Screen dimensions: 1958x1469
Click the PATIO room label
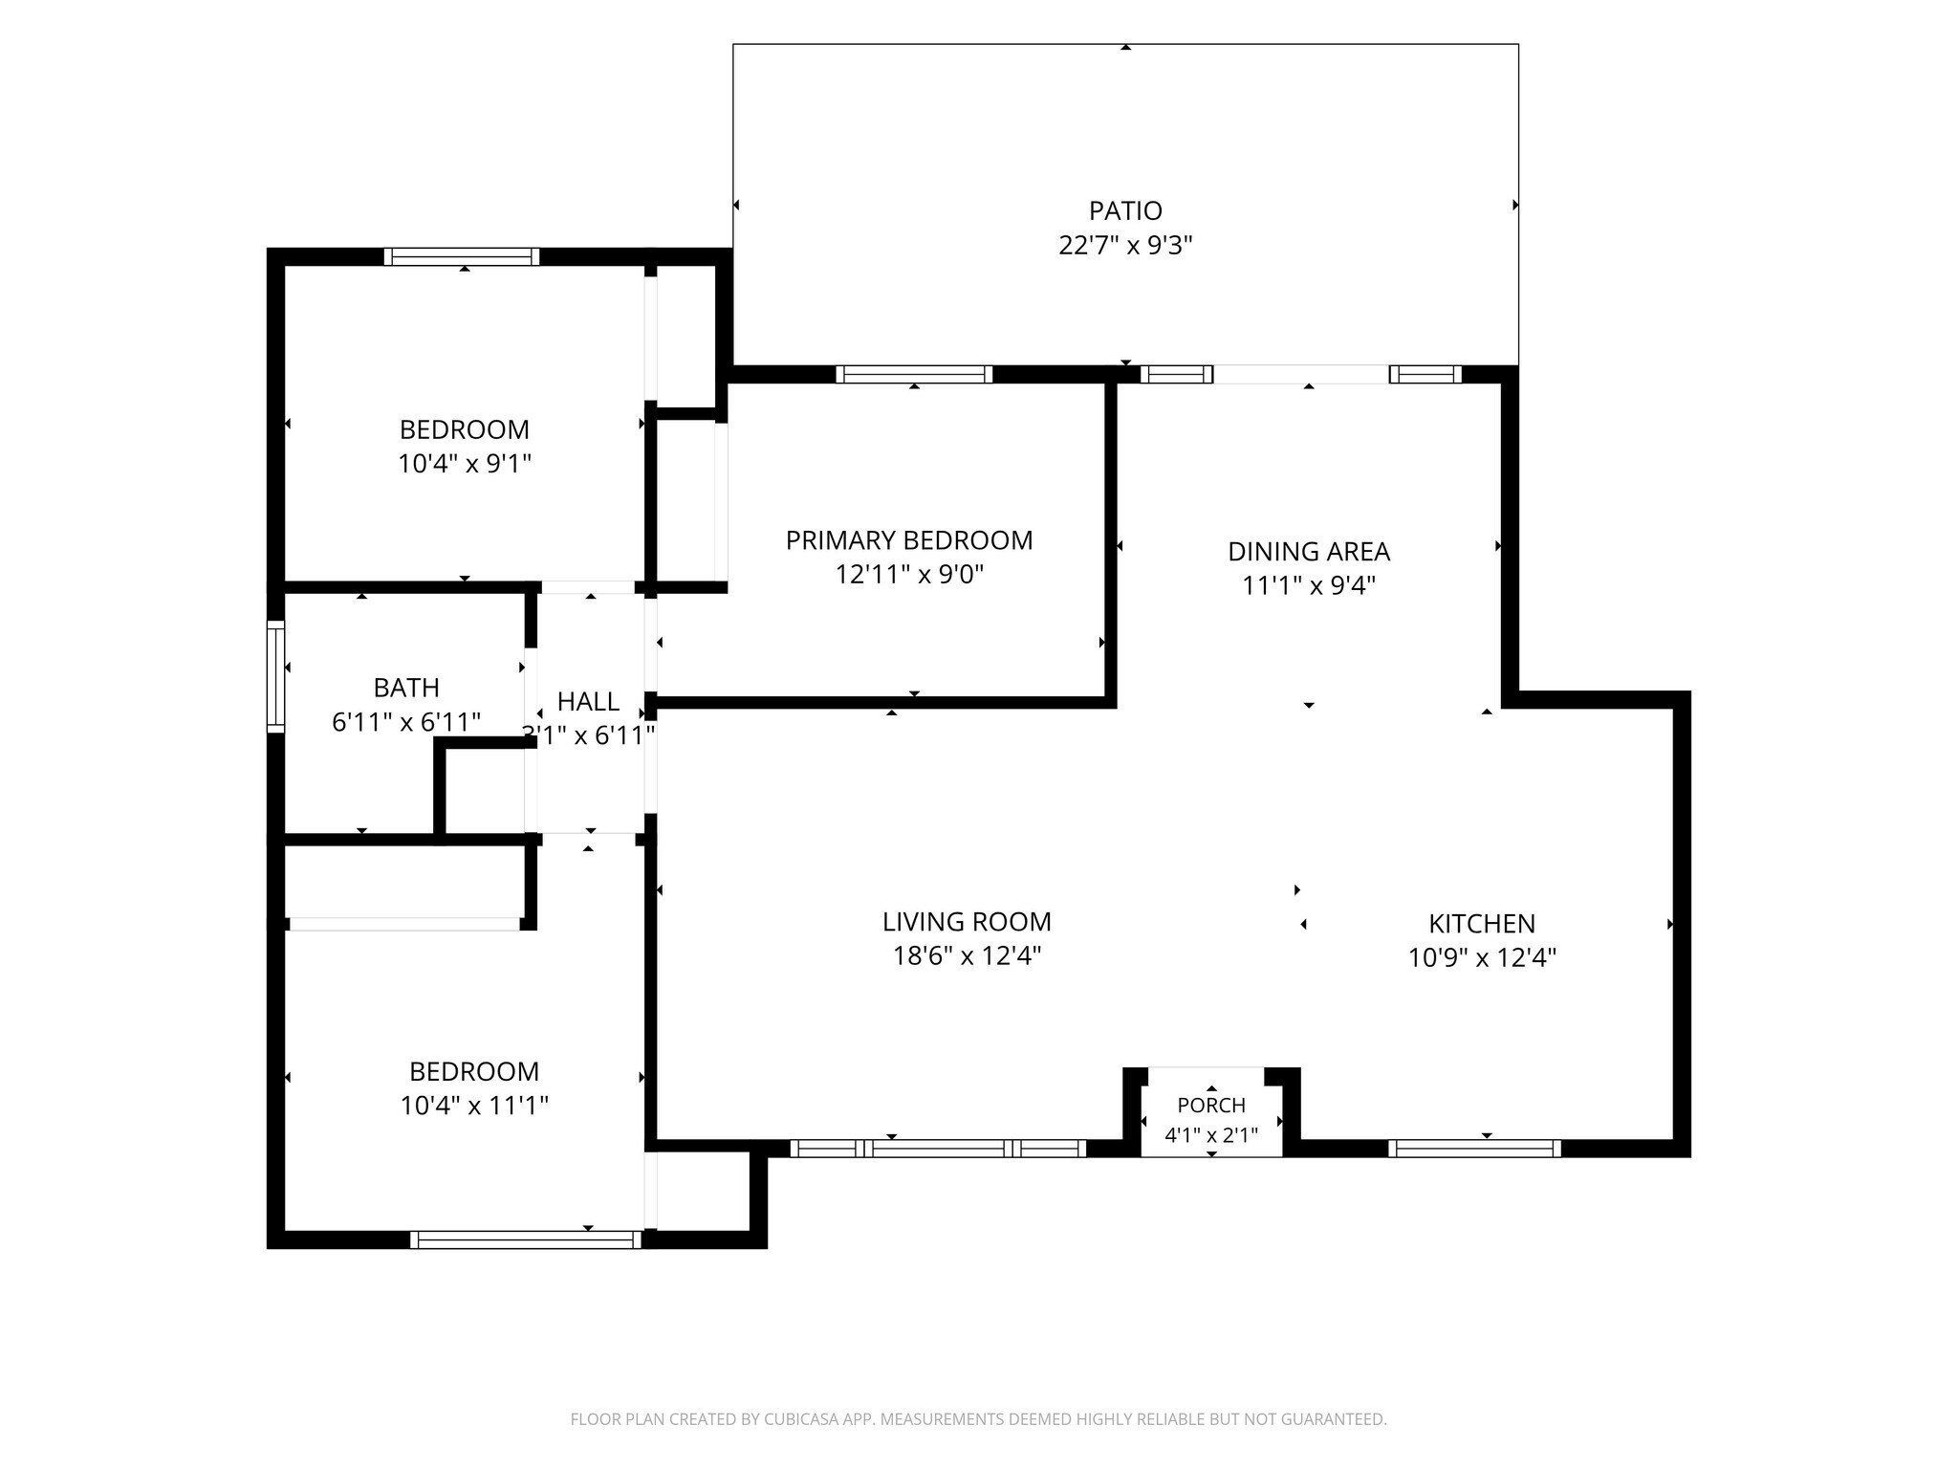click(1125, 210)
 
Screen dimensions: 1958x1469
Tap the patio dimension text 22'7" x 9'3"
click(1125, 246)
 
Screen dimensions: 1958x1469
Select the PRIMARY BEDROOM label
click(909, 540)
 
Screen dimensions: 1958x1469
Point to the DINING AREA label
click(1309, 552)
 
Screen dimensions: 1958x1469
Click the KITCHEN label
click(1482, 924)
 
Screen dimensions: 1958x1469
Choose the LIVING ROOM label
click(967, 922)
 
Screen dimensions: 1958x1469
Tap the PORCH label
click(1211, 1106)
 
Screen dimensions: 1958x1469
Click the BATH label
click(406, 688)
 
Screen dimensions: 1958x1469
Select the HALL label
click(588, 702)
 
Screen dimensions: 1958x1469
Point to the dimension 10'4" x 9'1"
click(465, 464)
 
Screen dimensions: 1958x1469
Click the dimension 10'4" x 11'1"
click(474, 1106)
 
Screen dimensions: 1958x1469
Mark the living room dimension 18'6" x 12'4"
click(967, 956)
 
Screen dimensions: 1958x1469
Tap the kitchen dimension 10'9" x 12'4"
click(1482, 957)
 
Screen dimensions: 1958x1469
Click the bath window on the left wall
click(275, 676)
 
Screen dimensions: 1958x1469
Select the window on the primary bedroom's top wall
click(914, 374)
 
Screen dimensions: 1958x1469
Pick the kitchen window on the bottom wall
click(1474, 1149)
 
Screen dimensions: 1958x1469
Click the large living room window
click(938, 1149)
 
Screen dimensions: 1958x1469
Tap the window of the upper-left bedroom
click(462, 256)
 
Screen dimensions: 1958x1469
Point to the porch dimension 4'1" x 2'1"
click(1211, 1136)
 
